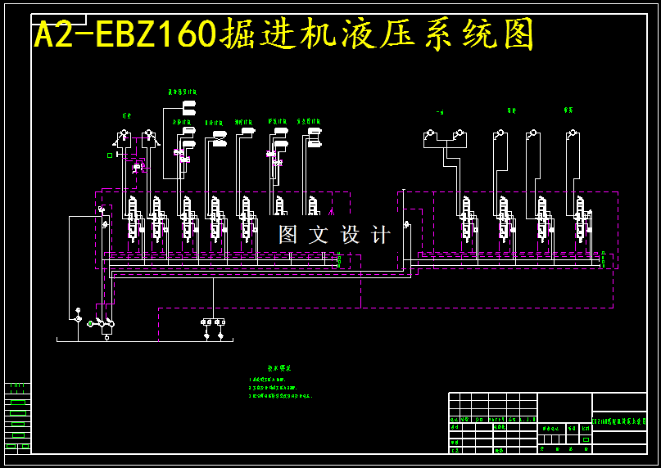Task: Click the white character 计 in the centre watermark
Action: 381,235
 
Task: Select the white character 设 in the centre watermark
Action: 350,235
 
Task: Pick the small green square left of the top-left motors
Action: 110,155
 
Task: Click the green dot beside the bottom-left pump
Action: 90,323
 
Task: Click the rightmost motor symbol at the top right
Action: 571,133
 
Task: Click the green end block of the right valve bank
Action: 603,261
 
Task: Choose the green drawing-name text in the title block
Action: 618,421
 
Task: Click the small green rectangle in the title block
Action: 586,439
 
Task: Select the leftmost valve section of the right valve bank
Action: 466,221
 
